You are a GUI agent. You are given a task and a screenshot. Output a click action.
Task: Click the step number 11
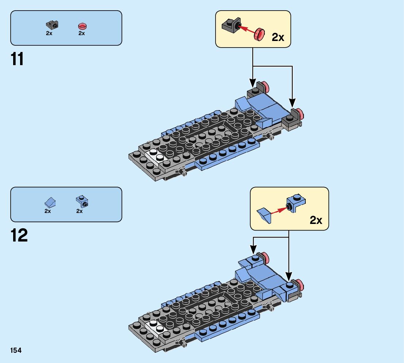pyautogui.click(x=18, y=59)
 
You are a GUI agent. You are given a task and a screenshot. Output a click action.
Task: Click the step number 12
pyautogui.click(x=19, y=236)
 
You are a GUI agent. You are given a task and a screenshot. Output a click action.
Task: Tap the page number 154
pyautogui.click(x=16, y=351)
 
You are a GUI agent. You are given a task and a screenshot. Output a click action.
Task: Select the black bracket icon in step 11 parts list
pyautogui.click(x=52, y=25)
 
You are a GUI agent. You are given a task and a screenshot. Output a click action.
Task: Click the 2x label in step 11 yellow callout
pyautogui.click(x=278, y=38)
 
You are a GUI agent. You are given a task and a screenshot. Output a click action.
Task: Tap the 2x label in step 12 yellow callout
pyautogui.click(x=316, y=220)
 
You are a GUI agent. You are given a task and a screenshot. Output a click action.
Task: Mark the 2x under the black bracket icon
pyautogui.click(x=49, y=33)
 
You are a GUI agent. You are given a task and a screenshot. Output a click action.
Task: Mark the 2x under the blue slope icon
pyautogui.click(x=48, y=211)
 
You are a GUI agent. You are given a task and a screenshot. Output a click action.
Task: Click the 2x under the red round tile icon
pyautogui.click(x=81, y=33)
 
